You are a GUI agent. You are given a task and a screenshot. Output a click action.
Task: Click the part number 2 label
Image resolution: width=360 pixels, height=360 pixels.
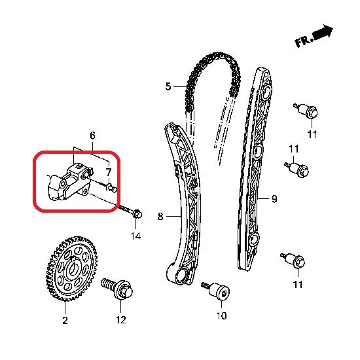coord(65,320)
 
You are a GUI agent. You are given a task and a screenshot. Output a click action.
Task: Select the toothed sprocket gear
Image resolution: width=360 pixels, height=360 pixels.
coord(71,268)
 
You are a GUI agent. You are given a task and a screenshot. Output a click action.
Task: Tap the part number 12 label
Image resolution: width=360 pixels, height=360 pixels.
coord(121,320)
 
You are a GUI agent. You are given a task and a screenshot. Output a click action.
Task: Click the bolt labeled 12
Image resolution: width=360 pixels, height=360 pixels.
coord(117,289)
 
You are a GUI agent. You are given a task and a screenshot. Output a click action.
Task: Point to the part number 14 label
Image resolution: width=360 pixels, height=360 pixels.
coord(135,236)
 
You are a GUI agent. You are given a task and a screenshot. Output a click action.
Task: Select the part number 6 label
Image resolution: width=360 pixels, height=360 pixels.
coord(92,135)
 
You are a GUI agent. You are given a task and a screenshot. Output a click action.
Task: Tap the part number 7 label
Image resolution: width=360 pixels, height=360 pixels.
coord(109,171)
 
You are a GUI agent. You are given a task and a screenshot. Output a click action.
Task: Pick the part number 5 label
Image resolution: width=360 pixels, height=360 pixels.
coord(168,86)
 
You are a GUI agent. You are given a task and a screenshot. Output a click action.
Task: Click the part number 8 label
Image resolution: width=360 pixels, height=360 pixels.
coord(160,216)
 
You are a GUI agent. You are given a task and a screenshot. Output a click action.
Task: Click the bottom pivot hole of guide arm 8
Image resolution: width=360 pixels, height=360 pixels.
coord(182,274)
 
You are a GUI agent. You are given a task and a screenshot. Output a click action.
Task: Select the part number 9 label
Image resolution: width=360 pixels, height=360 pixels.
coord(274,199)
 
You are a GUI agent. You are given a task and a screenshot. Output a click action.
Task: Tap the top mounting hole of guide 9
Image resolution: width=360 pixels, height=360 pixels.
coord(266,92)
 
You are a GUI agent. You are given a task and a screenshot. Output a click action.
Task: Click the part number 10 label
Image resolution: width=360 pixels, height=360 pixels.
coord(221,316)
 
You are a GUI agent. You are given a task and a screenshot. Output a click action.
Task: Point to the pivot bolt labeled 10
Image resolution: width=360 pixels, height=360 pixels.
coord(216,291)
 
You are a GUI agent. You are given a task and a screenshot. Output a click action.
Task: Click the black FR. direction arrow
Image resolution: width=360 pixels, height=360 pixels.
coord(323,32)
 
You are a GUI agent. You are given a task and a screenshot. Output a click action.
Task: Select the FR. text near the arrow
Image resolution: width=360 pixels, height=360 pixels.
coord(304,42)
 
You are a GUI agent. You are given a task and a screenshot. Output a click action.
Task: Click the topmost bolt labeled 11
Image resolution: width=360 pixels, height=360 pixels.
coord(306,111)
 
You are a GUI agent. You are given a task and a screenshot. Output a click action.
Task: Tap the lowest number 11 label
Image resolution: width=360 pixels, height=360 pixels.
coord(298,285)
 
